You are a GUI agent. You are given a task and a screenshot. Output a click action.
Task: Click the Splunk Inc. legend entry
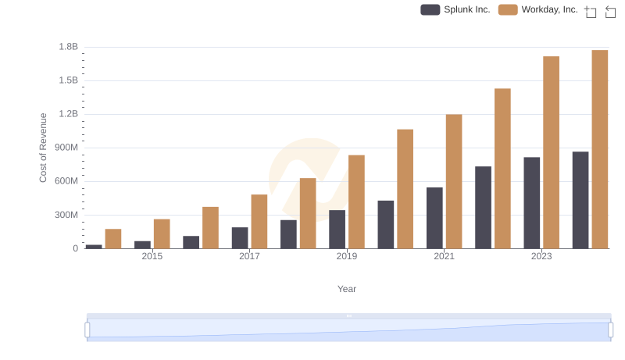click(x=455, y=9)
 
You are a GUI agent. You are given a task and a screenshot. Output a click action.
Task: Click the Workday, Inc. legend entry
click(x=538, y=9)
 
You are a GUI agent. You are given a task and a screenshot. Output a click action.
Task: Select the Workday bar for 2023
click(x=551, y=152)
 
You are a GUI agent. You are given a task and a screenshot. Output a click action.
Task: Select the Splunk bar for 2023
click(x=532, y=203)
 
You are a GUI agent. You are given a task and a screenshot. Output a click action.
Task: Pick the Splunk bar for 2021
click(x=434, y=218)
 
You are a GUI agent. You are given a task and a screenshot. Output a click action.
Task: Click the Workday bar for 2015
click(x=162, y=233)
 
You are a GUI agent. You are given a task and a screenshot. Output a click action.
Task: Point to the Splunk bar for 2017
click(x=240, y=238)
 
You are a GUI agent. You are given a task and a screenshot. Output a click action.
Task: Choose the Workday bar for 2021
click(x=454, y=181)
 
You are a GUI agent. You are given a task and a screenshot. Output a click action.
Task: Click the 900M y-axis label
click(x=65, y=148)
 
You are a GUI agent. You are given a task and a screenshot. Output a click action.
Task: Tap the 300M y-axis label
click(x=65, y=215)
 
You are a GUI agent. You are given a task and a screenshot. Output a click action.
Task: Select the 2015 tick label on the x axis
click(x=152, y=256)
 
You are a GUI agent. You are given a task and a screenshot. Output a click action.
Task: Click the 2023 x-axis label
click(x=541, y=256)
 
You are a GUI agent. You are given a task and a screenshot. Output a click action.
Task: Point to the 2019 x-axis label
click(x=347, y=256)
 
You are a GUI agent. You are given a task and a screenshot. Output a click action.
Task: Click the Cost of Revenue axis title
click(x=44, y=148)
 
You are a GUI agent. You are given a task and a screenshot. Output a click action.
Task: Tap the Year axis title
click(x=347, y=289)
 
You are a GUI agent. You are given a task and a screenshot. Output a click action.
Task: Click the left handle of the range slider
click(x=87, y=330)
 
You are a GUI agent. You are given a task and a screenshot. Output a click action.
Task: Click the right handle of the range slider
click(x=610, y=330)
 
